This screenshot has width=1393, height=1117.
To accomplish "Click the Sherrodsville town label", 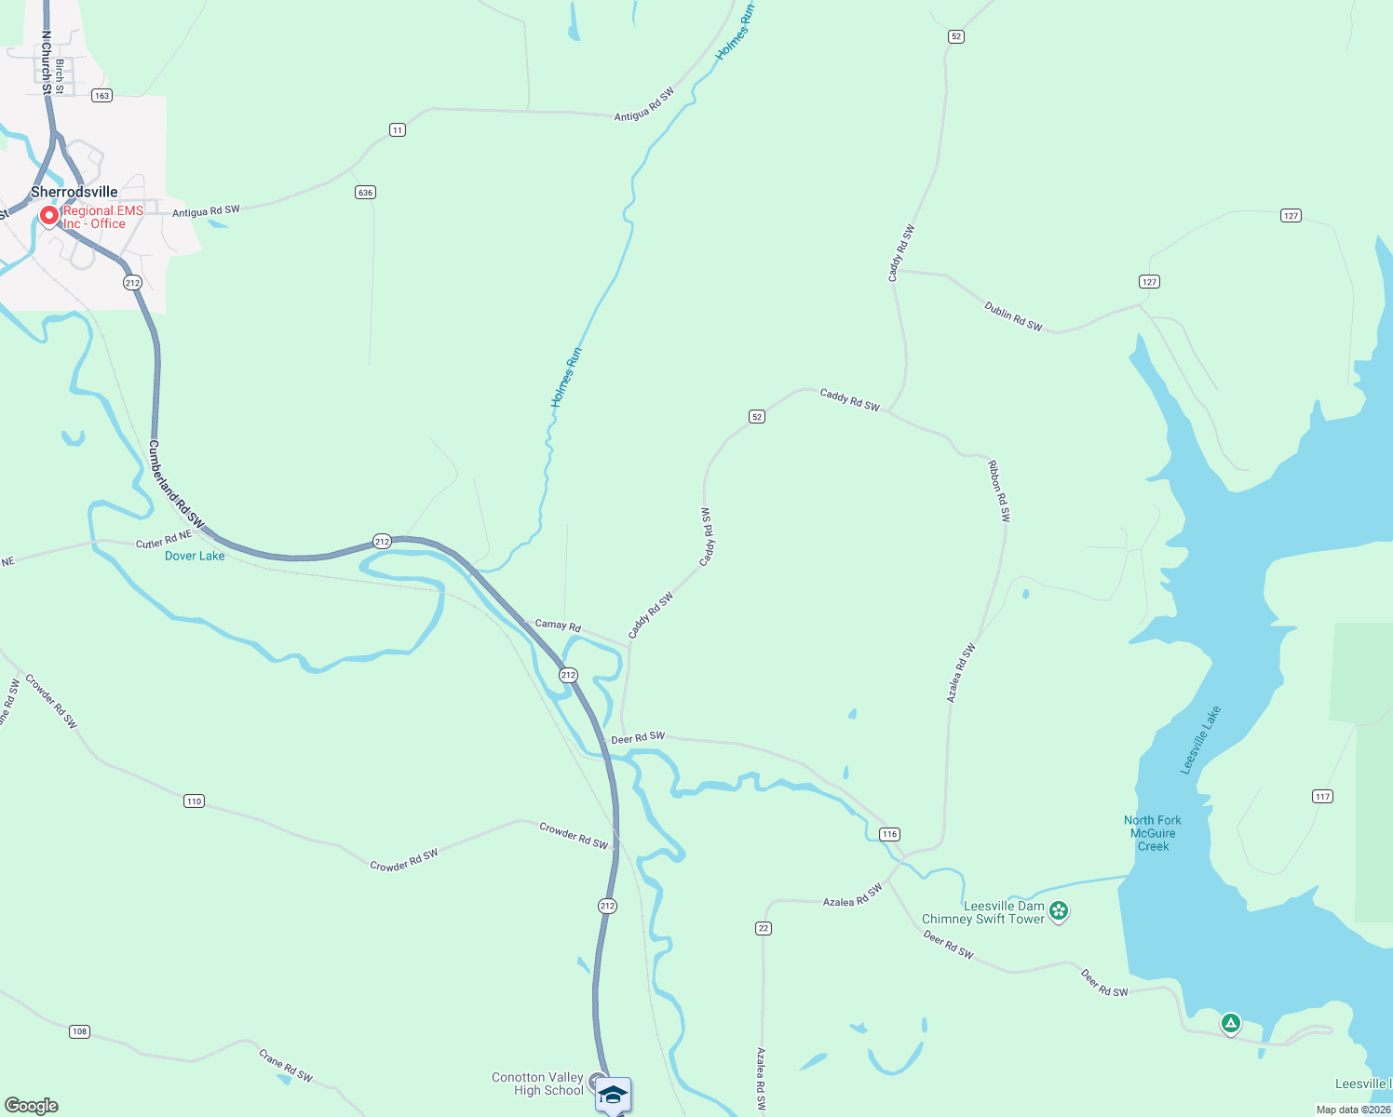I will pos(74,192).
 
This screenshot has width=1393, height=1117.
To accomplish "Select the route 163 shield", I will pos(101,95).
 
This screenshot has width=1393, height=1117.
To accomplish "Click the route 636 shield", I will pos(365,193).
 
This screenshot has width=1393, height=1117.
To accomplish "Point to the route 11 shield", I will pos(398,129).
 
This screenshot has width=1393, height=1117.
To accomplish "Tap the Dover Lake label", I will pos(195,556).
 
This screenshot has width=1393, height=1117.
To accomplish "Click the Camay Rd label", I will pos(558,626).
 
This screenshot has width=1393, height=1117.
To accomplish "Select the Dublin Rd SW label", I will pos(1013,316).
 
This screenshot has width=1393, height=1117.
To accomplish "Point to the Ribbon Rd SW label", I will pos(998,491).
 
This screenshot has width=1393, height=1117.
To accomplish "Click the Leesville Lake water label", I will pos(1200,740).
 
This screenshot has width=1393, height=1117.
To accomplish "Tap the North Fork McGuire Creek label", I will pos(1153,833).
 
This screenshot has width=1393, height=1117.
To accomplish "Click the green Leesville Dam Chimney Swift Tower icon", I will pos(1059,911).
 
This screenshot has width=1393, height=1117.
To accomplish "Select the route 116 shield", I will pos(889,834).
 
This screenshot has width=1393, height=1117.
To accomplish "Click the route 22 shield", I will pos(764,928).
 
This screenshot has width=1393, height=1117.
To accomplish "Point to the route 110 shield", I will pos(194,801).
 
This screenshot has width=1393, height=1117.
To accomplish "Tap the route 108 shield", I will pos(79,1031).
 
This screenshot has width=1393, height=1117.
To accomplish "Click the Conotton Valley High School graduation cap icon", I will pos(613,1094).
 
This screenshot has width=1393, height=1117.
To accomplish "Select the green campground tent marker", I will pos(1231,1024).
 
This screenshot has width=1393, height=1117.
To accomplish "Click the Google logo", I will pos(32,1106).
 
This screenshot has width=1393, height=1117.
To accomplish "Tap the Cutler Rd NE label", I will pos(164,540).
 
